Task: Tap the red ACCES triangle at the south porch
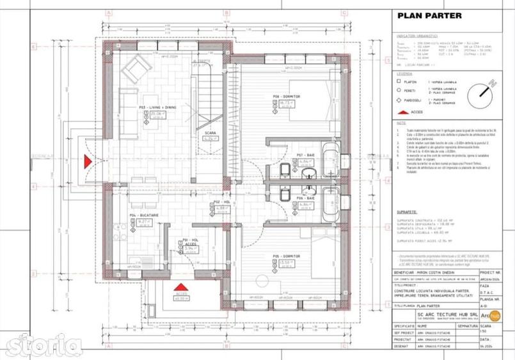tap(181, 286)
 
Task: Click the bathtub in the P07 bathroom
tap(331, 160)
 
